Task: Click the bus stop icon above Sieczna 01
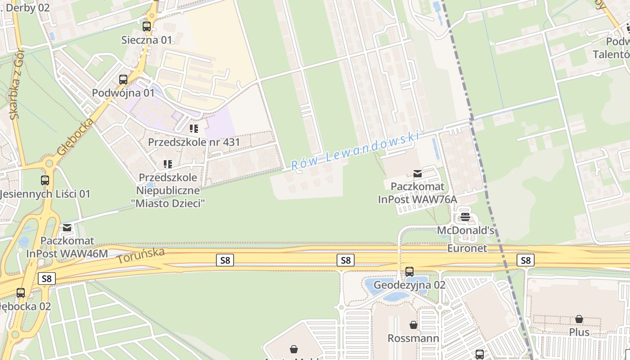coord(147,27)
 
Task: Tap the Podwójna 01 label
coord(123,93)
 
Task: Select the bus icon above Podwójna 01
coord(123,80)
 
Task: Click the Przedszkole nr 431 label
coord(194,142)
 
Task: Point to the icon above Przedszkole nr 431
coord(194,129)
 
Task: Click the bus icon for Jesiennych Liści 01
coord(45,180)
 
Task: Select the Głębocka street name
coord(75,136)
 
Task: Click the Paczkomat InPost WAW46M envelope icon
coord(67,228)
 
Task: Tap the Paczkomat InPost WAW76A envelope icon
coord(418,174)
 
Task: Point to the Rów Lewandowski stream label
coord(355,151)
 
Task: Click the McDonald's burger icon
coord(465,217)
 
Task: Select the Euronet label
coord(467,248)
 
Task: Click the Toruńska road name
coord(141,256)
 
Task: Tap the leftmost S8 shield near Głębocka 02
coord(47,279)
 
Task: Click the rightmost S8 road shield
coord(526,260)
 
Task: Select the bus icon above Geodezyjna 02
coord(409,272)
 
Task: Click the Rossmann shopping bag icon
coord(413,325)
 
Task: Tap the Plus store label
coord(579,332)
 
